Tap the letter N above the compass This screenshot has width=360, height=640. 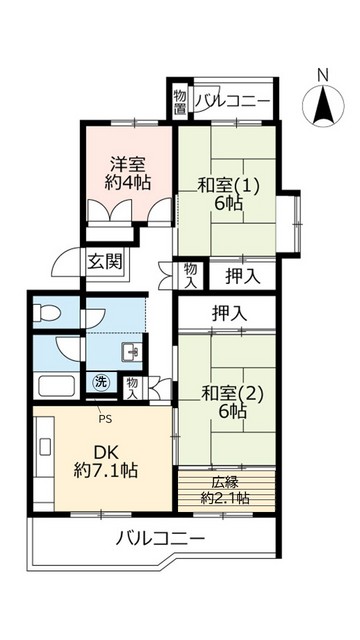(x=322, y=75)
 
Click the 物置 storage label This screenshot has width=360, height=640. (x=179, y=99)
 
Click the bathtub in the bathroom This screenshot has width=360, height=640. (x=56, y=387)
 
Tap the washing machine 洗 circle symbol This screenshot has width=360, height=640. (x=101, y=381)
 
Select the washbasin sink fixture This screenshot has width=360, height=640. (x=130, y=351)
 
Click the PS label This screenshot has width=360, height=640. (x=102, y=405)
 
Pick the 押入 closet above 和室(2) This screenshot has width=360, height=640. (x=228, y=313)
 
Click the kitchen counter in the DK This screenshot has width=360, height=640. (x=45, y=458)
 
